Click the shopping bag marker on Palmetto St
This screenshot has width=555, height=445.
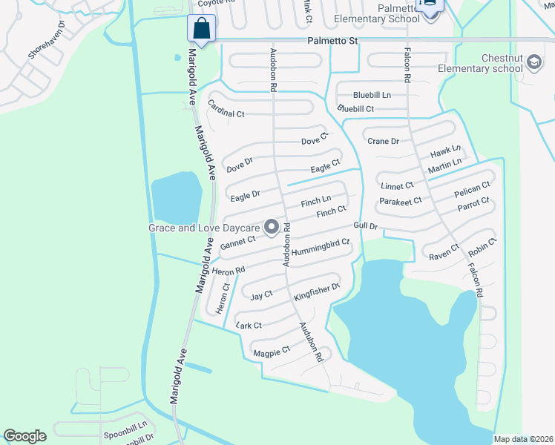(202, 29)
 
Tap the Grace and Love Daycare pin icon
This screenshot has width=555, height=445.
(272, 227)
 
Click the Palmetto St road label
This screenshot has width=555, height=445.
(332, 42)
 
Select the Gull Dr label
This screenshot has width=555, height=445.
(366, 225)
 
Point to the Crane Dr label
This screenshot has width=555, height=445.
(384, 141)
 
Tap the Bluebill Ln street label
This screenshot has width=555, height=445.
(372, 95)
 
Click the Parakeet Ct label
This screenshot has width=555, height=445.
(400, 201)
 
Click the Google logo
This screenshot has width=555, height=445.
(24, 436)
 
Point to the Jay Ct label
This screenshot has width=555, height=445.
(262, 294)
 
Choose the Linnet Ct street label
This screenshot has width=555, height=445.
(397, 185)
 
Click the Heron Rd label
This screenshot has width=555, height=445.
(228, 271)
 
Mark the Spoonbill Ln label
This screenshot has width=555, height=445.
(125, 428)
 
